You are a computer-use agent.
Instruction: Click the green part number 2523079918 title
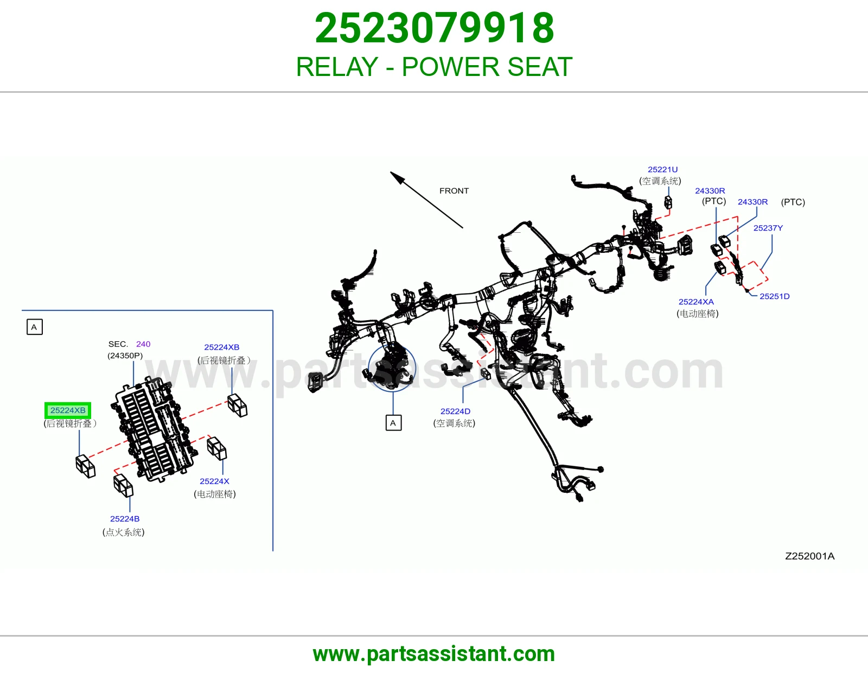click(x=434, y=28)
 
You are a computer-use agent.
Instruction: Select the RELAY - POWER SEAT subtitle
click(x=434, y=67)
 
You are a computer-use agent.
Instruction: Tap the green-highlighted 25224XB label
click(x=67, y=410)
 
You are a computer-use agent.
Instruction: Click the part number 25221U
click(x=663, y=169)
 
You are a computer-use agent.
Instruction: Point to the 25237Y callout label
click(x=768, y=228)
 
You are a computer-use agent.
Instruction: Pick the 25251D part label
click(x=775, y=296)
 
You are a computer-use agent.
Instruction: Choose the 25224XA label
click(x=696, y=302)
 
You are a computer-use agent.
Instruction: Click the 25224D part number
click(x=455, y=411)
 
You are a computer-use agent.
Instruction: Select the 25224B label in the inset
click(x=125, y=519)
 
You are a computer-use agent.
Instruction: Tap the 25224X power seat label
click(x=214, y=481)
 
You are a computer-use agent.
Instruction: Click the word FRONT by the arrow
click(x=454, y=191)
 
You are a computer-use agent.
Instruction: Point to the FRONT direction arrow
click(x=426, y=200)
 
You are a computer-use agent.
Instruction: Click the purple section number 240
click(x=143, y=344)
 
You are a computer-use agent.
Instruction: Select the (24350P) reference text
click(x=125, y=355)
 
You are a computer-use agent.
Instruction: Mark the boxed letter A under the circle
click(x=393, y=423)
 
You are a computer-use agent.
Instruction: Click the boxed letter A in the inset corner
click(x=34, y=327)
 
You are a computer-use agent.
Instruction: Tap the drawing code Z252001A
click(x=809, y=556)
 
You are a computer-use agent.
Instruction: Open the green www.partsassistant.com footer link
click(x=434, y=654)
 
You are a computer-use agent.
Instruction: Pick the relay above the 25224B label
click(x=123, y=485)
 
